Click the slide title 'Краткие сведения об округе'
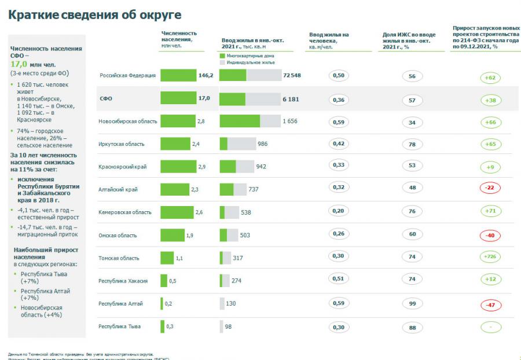95,14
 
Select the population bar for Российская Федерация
178,76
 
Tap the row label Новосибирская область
127,121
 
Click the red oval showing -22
490,188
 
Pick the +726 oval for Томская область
490,256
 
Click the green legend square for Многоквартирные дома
222,56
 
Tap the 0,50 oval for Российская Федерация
339,76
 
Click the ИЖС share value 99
412,303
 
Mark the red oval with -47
490,304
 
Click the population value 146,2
206,76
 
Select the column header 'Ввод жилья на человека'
329,38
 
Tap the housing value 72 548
292,76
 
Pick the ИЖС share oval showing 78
412,144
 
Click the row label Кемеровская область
125,212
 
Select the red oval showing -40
490,235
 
